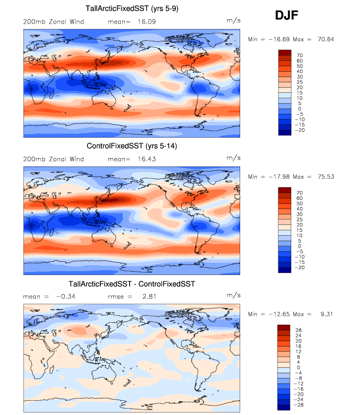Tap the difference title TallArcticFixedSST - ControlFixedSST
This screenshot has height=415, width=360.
[132, 284]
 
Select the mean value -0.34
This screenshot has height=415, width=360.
[65, 297]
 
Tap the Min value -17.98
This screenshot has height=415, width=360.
[277, 176]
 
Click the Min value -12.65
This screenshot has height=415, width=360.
[277, 314]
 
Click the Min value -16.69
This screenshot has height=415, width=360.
[277, 39]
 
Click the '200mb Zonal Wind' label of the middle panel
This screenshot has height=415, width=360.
[54, 159]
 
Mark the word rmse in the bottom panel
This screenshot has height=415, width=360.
[116, 297]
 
